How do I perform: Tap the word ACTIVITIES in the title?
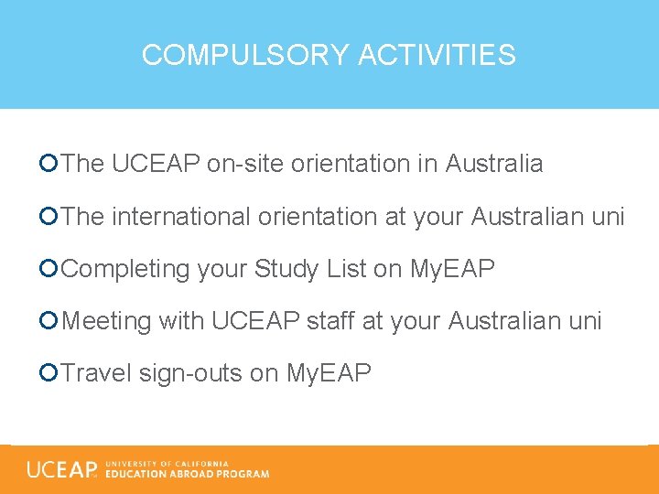437,55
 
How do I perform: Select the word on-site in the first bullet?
245,164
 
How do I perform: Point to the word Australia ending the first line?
494,164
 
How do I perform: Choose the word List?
344,269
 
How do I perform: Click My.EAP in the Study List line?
452,269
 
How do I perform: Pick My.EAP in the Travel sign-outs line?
329,373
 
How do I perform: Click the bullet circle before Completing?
49,269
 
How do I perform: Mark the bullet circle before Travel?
49,373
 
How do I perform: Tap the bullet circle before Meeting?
49,321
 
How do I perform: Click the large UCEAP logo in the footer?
62,469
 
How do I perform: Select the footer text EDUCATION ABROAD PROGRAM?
188,474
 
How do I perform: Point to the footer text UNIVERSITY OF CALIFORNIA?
167,463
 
